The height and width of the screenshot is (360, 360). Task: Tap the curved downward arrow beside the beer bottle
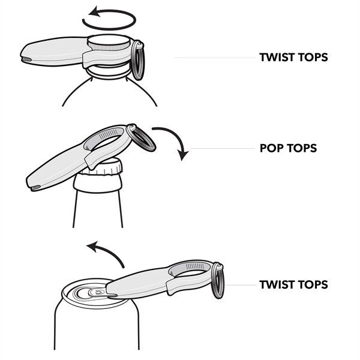pyautogui.click(x=174, y=141)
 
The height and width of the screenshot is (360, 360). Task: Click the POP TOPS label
pyautogui.click(x=289, y=148)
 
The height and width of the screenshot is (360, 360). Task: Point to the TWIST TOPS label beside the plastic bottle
pyautogui.click(x=293, y=58)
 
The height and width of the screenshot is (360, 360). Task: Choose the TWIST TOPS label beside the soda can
pyautogui.click(x=293, y=284)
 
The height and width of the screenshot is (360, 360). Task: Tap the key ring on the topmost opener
pyautogui.click(x=137, y=60)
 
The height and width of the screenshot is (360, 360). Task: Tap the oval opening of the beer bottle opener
pyautogui.click(x=108, y=140)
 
